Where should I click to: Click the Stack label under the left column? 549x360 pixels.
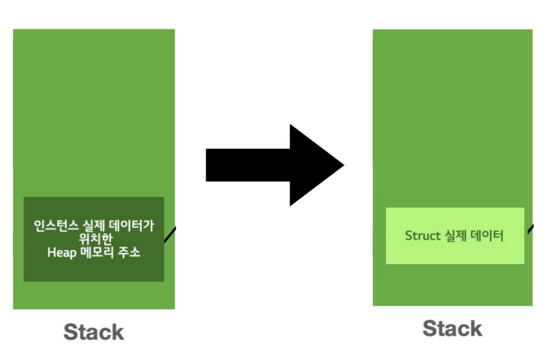[94, 332]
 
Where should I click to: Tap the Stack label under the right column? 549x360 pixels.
[452, 328]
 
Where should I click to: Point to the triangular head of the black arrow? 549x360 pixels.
[314, 165]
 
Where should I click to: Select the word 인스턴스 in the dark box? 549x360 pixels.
[56, 226]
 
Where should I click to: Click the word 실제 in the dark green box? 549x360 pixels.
[94, 226]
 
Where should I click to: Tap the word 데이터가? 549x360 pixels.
[131, 226]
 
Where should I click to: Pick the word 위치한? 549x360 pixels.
[95, 239]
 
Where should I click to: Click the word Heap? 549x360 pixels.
[62, 253]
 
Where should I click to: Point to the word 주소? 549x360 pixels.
[129, 252]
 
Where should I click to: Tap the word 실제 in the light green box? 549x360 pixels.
[455, 236]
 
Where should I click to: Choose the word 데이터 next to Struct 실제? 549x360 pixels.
[487, 236]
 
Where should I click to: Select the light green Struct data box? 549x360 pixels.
[455, 253]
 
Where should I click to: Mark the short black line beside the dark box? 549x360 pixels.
[170, 234]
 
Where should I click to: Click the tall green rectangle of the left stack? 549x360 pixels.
[94, 115]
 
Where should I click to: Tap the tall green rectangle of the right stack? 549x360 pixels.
[453, 115]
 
